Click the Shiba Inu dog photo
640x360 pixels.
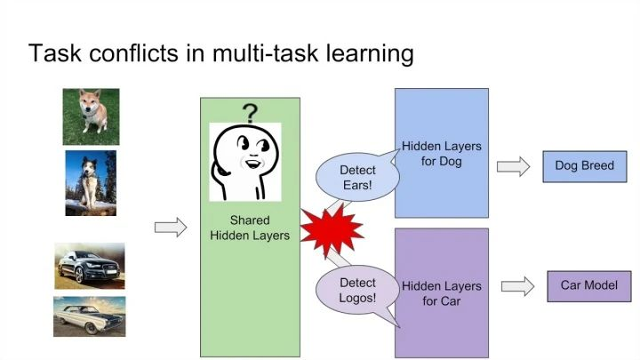(91, 116)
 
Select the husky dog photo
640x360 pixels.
(91, 182)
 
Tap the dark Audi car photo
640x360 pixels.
(89, 266)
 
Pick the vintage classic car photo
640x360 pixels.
(89, 316)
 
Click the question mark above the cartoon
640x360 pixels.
(251, 113)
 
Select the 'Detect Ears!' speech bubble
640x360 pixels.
(357, 178)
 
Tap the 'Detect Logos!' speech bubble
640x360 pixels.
(357, 290)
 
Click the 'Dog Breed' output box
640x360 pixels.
(584, 165)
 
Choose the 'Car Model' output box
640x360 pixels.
(588, 285)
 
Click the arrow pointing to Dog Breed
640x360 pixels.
(513, 166)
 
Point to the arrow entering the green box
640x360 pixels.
(171, 228)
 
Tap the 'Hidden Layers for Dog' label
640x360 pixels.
(442, 153)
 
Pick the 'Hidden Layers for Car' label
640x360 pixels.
(442, 294)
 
